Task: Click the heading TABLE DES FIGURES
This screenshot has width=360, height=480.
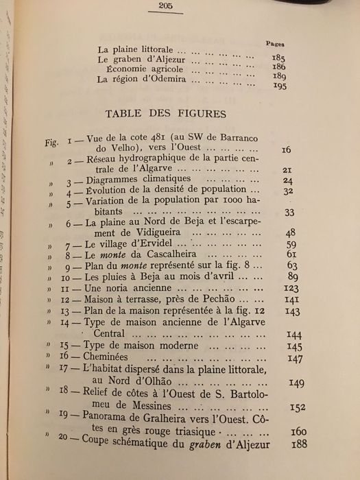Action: coord(169,112)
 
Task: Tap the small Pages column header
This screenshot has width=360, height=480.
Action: coord(276,43)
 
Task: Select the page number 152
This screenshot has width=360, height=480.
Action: coord(296,407)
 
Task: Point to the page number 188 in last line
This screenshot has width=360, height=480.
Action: coord(298,444)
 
